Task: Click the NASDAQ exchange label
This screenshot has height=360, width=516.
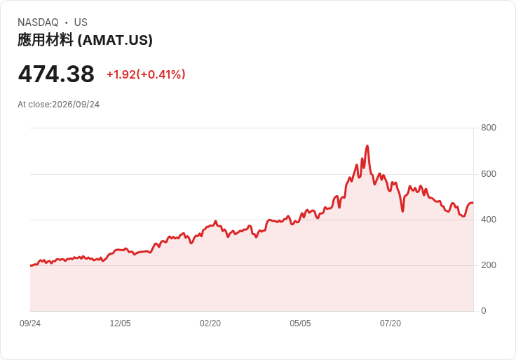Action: coord(38,22)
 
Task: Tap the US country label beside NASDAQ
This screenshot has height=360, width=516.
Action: coord(81,22)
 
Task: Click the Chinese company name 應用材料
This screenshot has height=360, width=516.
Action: coord(46,40)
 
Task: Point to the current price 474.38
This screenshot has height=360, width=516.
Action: coord(56,74)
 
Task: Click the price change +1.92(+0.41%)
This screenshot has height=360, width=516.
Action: coord(146,74)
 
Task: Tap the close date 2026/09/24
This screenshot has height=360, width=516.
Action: coord(76,105)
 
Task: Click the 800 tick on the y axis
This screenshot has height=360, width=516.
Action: coord(489,128)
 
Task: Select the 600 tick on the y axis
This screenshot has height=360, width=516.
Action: coord(489,173)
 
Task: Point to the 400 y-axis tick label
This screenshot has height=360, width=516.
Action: coord(489,220)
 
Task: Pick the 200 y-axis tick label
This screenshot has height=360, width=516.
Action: coord(489,265)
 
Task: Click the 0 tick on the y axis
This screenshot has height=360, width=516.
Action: coord(484,311)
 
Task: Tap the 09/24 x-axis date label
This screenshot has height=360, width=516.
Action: coord(30,324)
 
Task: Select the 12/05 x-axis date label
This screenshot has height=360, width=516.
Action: coord(120,324)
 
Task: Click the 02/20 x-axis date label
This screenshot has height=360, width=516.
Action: coord(210,324)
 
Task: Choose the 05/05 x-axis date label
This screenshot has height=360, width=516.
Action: coord(300,324)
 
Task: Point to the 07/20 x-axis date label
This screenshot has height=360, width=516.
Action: coord(391,324)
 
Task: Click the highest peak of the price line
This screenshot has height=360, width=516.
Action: coord(367,145)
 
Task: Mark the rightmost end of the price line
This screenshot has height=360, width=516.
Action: coord(473,203)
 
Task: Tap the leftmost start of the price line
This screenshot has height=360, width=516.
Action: coord(31,265)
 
